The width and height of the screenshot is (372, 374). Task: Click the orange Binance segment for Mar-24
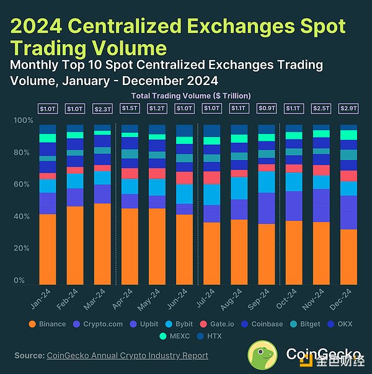coord(102,242)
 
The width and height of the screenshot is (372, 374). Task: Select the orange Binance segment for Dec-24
coord(348,255)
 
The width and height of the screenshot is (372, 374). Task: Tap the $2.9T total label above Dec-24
coord(348,109)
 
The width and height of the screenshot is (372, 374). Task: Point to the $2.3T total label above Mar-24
coord(102,109)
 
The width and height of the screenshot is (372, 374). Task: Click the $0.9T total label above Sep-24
coord(267,109)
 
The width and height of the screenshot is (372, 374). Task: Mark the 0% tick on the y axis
coord(22,280)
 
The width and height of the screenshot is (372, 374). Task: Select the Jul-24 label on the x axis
coord(207,298)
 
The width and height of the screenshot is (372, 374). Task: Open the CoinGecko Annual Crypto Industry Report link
coord(127,355)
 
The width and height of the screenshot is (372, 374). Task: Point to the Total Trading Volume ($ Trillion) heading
coord(191,96)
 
